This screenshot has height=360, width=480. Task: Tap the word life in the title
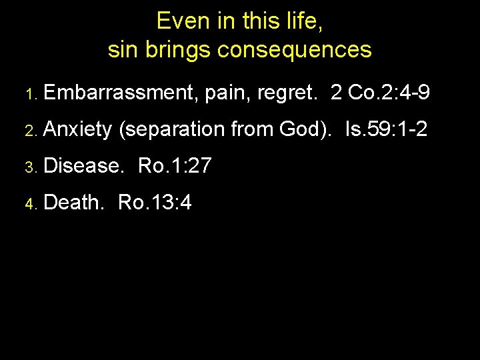click(304, 21)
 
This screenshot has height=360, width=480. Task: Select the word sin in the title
click(121, 49)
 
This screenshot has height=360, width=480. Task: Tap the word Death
click(73, 201)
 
